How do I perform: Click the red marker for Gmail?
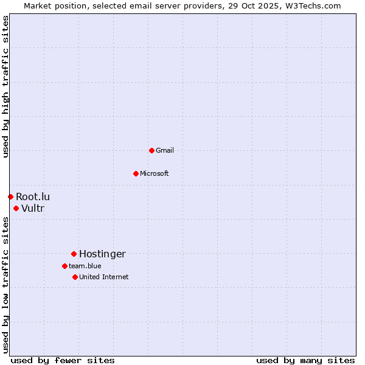(151, 150)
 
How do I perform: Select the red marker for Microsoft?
(136, 173)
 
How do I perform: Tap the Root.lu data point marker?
(10, 196)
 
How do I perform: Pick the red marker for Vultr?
(16, 208)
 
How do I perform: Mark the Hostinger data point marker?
(74, 254)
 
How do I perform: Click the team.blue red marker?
(64, 266)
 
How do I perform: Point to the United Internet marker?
(75, 277)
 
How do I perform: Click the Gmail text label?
(164, 150)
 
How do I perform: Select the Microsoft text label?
(154, 173)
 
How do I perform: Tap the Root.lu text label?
(33, 196)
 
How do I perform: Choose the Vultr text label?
(33, 209)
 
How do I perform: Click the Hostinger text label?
(102, 254)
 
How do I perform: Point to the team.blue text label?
(85, 266)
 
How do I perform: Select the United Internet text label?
(103, 277)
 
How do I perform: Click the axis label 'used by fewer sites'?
(63, 360)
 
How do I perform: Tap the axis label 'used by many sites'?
(305, 360)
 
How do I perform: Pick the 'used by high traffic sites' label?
(5, 86)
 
